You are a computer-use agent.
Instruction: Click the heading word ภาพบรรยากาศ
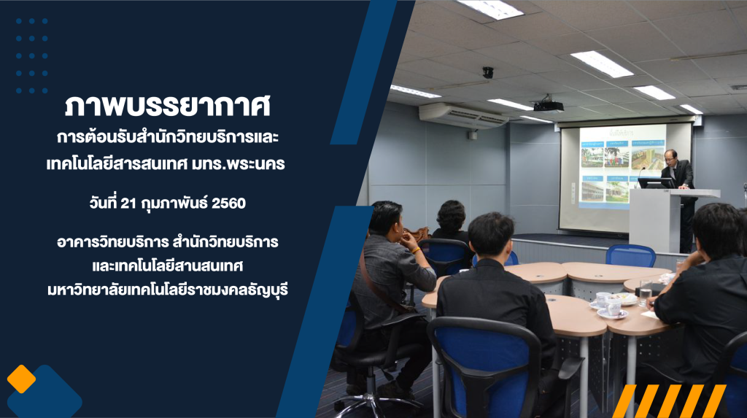click(x=168, y=105)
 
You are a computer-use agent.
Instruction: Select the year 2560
click(x=228, y=204)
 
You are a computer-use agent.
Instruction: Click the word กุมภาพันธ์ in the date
click(x=174, y=204)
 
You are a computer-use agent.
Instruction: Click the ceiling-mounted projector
click(x=549, y=104)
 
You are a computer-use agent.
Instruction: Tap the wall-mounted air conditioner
click(x=462, y=116)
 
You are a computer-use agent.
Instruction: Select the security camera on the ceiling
click(x=488, y=72)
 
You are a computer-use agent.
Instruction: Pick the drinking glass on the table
click(x=645, y=293)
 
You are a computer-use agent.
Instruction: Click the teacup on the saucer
click(x=612, y=309)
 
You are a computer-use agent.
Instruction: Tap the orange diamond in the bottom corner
click(x=21, y=379)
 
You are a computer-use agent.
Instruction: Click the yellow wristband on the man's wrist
click(x=416, y=249)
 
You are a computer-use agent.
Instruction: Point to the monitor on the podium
click(x=656, y=182)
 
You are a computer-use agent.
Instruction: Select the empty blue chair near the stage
click(x=630, y=256)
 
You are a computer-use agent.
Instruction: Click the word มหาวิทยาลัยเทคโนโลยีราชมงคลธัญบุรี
click(x=168, y=290)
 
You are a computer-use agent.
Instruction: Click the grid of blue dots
click(x=32, y=55)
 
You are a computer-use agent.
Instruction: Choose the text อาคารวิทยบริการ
click(x=112, y=242)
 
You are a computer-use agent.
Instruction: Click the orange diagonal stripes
click(x=669, y=400)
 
